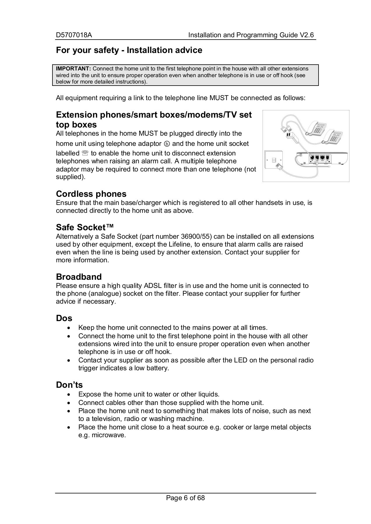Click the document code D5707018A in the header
pyautogui.click(x=74, y=35)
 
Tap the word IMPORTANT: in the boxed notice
pyautogui.click(x=73, y=69)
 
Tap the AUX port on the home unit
pyautogui.click(x=322, y=157)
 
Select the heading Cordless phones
pyautogui.click(x=91, y=194)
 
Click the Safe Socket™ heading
pyautogui.click(x=85, y=227)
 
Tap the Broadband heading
pyautogui.click(x=79, y=277)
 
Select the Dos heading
pyautogui.click(x=64, y=318)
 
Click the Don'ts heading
pyautogui.click(x=69, y=385)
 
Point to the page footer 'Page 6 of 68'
pyautogui.click(x=185, y=498)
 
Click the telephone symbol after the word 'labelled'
pyautogui.click(x=85, y=153)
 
